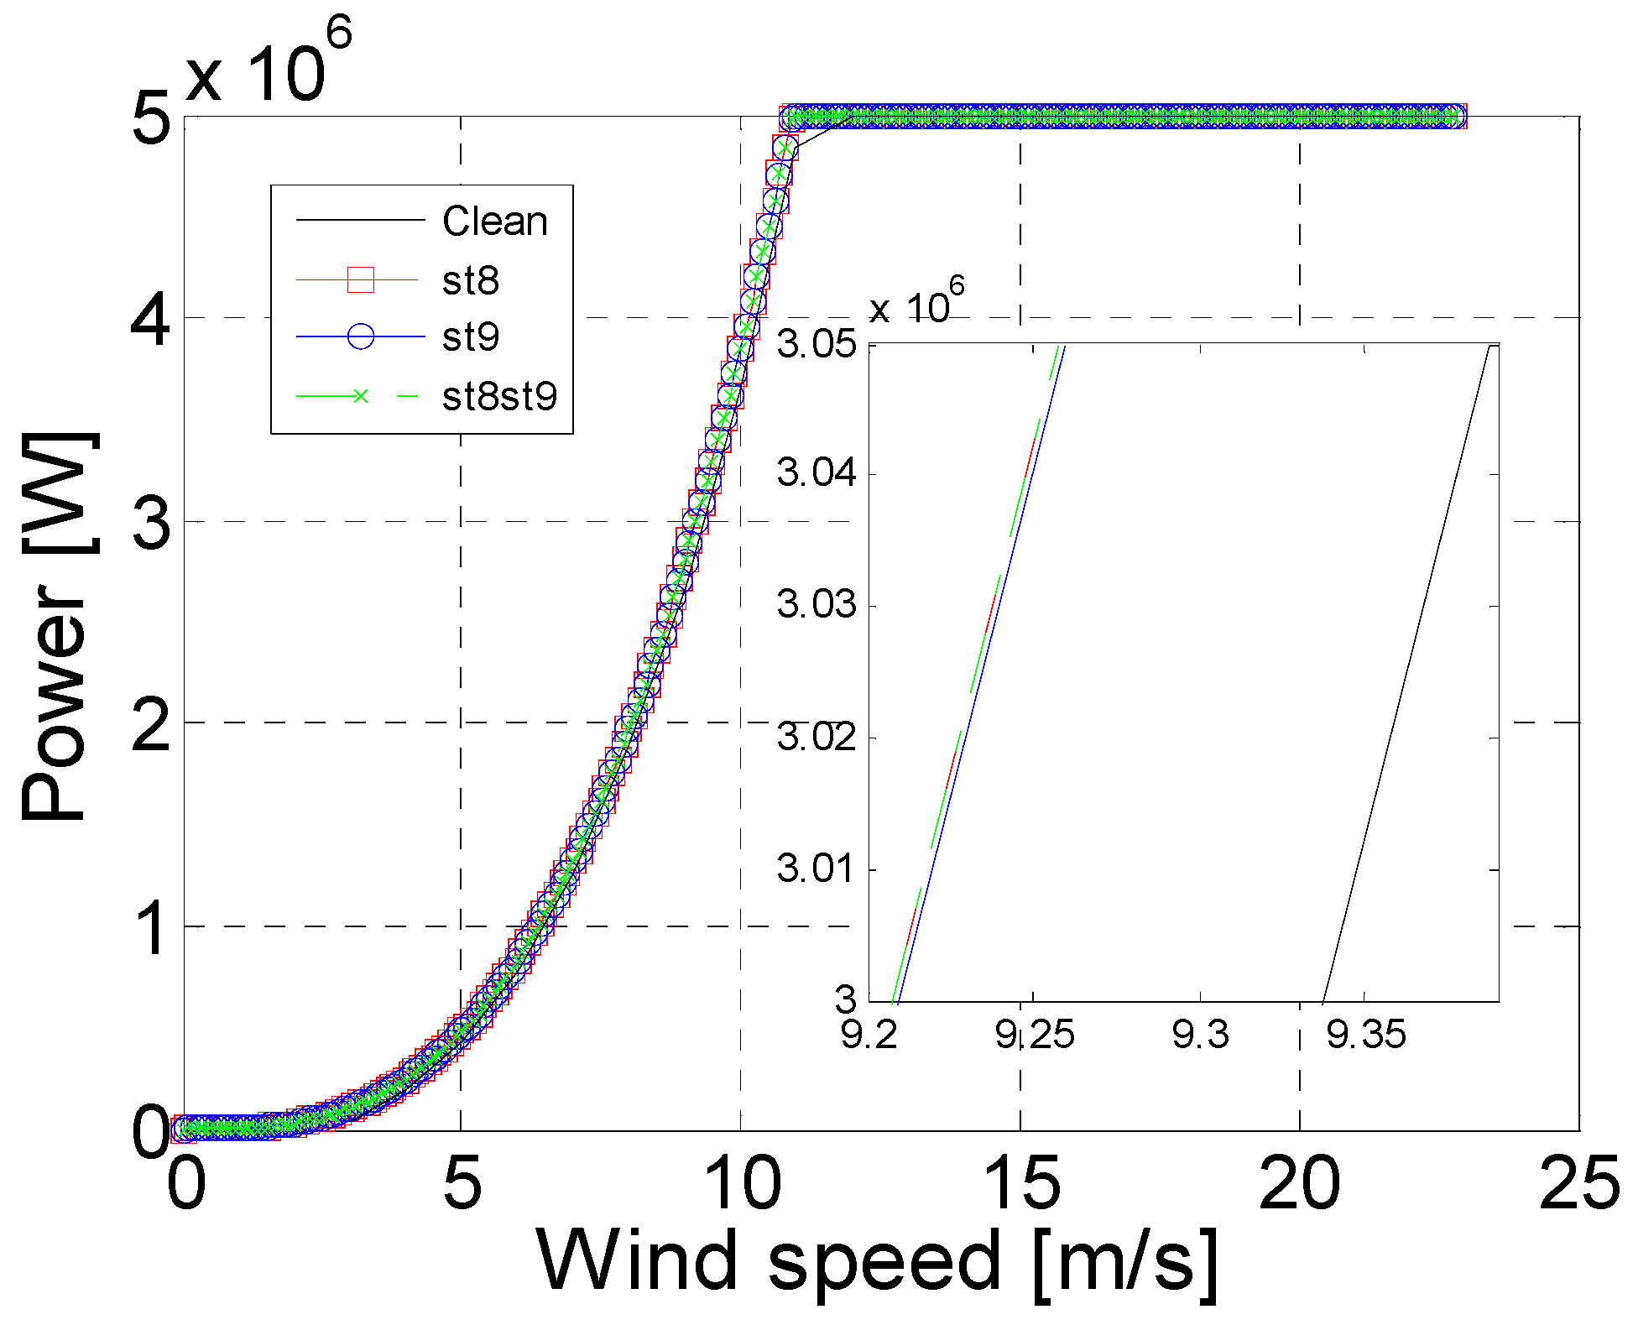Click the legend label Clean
point(494,222)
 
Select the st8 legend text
point(470,280)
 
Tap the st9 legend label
point(470,337)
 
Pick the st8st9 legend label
point(499,396)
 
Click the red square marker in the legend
point(361,279)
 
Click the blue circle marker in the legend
point(361,337)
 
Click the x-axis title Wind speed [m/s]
point(877,1261)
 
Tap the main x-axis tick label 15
point(1020,1183)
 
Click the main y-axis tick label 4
point(151,321)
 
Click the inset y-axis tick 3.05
point(816,344)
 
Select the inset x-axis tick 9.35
point(1365,1035)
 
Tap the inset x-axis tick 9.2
point(869,1035)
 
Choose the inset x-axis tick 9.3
point(1200,1035)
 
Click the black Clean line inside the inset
point(1406,671)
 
